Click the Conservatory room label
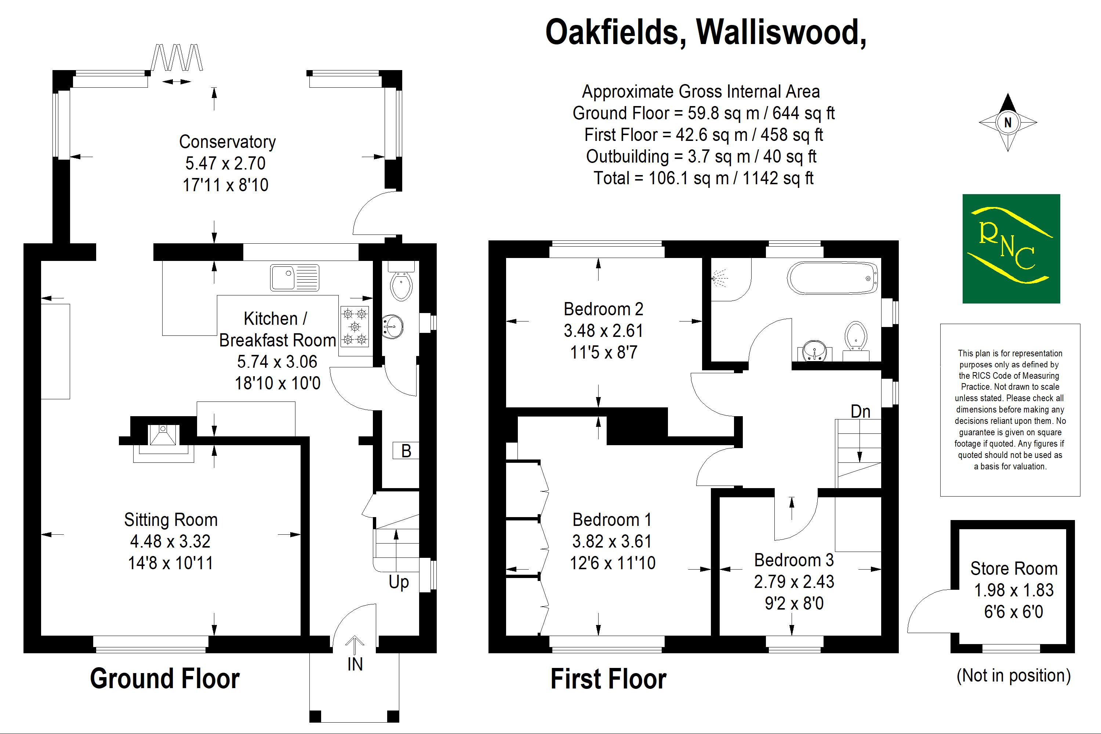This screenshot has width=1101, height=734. pyautogui.click(x=228, y=142)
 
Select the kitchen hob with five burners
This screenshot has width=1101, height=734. pyautogui.click(x=355, y=326)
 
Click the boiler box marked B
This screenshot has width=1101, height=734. pyautogui.click(x=406, y=451)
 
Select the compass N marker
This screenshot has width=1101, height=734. pyautogui.click(x=1008, y=123)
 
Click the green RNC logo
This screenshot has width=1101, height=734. pyautogui.click(x=1011, y=248)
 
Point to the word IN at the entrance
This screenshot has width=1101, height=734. pyautogui.click(x=355, y=664)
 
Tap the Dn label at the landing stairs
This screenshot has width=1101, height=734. pyautogui.click(x=860, y=411)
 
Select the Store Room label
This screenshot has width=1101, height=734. pyautogui.click(x=1014, y=568)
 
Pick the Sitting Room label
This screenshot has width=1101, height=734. pyautogui.click(x=171, y=520)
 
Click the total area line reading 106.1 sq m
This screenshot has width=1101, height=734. pyautogui.click(x=704, y=178)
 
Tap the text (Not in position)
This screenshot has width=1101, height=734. pyautogui.click(x=1013, y=676)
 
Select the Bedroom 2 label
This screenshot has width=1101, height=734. pyautogui.click(x=603, y=309)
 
